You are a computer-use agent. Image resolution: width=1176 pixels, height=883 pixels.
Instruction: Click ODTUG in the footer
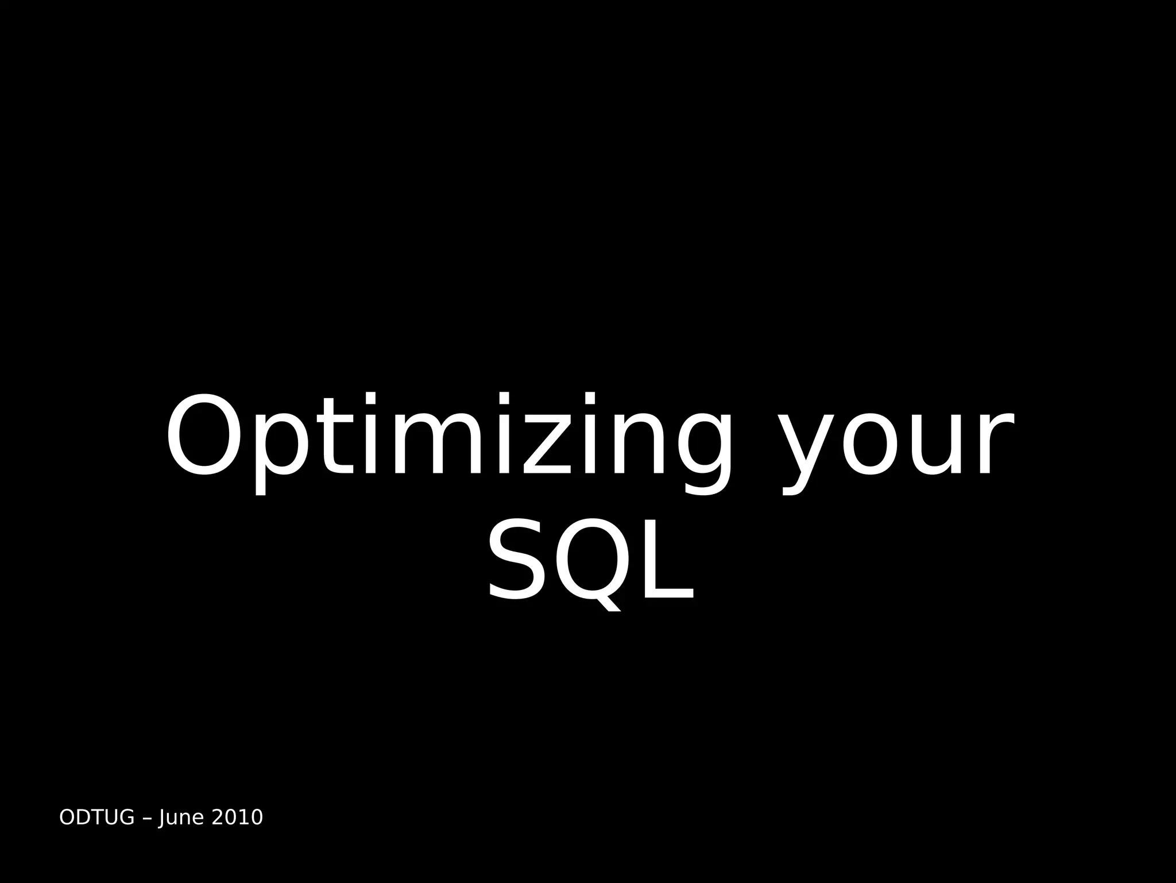tap(96, 817)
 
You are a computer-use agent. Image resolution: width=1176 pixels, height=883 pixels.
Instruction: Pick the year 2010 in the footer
tap(237, 817)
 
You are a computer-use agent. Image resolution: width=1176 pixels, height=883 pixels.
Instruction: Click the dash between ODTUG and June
tap(146, 818)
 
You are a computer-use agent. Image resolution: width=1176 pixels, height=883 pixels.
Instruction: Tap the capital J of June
tap(163, 817)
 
